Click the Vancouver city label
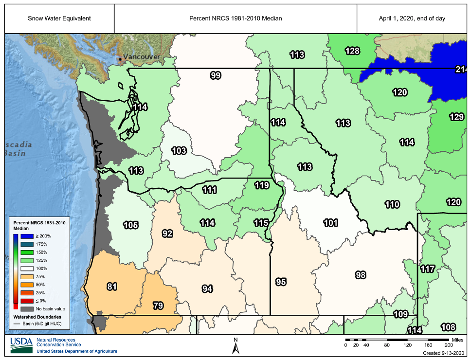click(x=141, y=57)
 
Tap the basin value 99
click(x=216, y=75)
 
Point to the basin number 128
click(x=352, y=51)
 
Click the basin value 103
click(x=179, y=151)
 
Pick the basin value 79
click(x=158, y=306)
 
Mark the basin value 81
click(x=112, y=287)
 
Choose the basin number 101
click(x=330, y=223)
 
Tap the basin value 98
click(x=360, y=275)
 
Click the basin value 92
click(x=167, y=234)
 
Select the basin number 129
click(x=456, y=117)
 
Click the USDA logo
click(x=21, y=345)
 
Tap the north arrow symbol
click(x=235, y=346)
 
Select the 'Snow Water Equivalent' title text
click(x=59, y=18)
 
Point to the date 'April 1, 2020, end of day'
click(x=412, y=18)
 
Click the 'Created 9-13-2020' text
click(x=444, y=353)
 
